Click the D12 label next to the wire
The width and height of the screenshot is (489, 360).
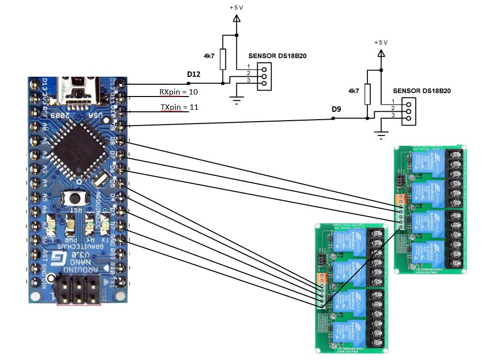[194, 74]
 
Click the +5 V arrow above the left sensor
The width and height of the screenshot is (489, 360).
[236, 19]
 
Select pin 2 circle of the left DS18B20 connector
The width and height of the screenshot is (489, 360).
[264, 76]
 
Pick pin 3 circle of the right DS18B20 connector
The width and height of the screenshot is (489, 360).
[408, 119]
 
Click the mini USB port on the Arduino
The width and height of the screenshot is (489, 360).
[77, 89]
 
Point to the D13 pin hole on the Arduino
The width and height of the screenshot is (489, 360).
[34, 85]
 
